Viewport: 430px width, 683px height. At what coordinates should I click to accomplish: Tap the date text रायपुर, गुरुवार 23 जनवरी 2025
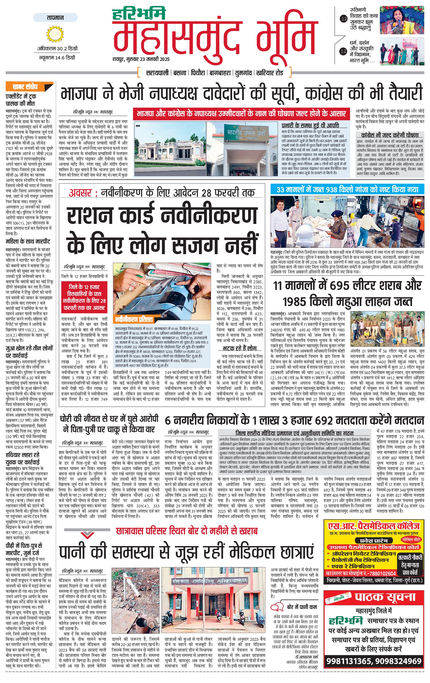coord(141,59)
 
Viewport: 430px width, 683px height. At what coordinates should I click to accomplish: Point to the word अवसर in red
coord(80,193)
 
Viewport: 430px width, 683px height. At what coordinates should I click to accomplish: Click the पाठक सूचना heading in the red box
coord(385,597)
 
